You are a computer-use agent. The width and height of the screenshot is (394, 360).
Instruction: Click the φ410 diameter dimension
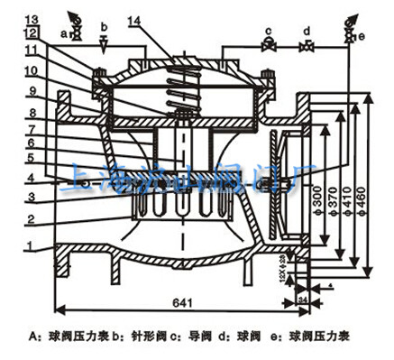[347, 198]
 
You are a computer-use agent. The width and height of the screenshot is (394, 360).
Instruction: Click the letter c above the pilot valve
[268, 30]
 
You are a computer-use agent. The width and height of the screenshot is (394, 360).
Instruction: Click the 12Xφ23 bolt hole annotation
[285, 265]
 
